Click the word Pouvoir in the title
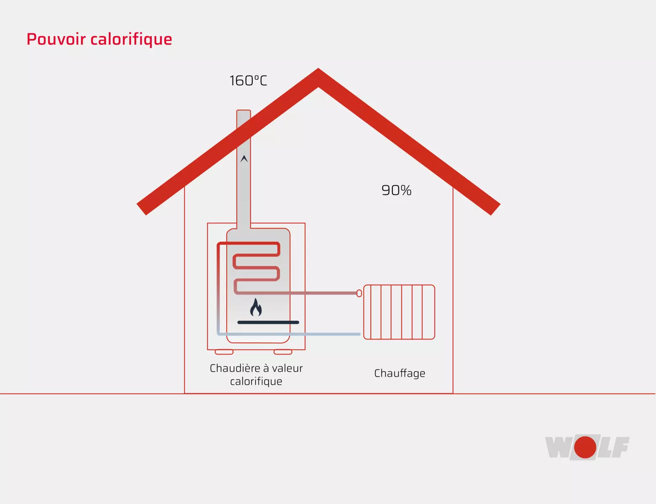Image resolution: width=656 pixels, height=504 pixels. click(x=56, y=39)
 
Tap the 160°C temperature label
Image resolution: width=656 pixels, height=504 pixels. click(x=248, y=81)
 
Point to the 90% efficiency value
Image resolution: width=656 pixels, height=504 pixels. click(x=397, y=190)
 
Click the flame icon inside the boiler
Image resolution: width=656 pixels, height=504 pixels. click(x=256, y=307)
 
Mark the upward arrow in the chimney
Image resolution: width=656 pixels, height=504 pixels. click(x=244, y=159)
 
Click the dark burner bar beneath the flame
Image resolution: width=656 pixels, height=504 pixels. click(x=268, y=322)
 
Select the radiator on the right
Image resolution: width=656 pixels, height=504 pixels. click(x=399, y=312)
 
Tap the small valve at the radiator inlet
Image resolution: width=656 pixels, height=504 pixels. click(x=359, y=293)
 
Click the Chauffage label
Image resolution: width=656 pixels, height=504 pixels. click(x=399, y=373)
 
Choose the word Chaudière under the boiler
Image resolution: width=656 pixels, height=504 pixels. click(x=235, y=368)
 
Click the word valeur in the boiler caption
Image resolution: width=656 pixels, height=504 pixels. click(x=287, y=368)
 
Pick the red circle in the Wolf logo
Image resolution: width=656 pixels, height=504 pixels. click(x=585, y=447)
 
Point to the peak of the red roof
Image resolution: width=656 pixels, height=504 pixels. click(x=318, y=69)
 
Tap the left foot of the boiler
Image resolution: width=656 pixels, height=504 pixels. click(x=224, y=352)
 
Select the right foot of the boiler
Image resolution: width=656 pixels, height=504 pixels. click(x=283, y=352)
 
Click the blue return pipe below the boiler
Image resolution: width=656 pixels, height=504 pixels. click(x=288, y=334)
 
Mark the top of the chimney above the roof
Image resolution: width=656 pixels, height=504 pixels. click(x=243, y=111)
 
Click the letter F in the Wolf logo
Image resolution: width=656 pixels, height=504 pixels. click(x=620, y=447)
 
